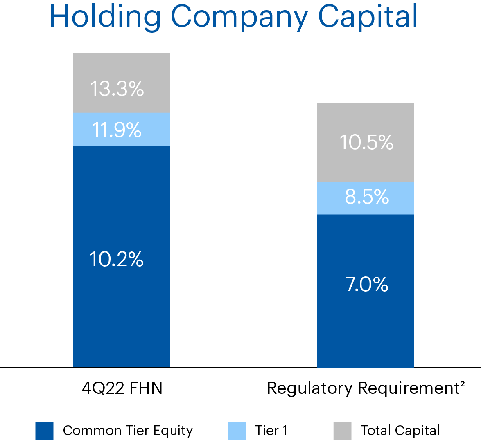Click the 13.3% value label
pos(117,88)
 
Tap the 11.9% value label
pos(117,130)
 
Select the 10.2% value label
pos(117,259)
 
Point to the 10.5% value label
pos(366,142)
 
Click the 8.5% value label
pos(367,197)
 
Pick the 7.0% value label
pos(367,284)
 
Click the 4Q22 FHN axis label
pos(122,388)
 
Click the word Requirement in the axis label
pos(409,388)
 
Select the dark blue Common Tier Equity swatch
pos(44,431)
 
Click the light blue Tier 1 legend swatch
pos(237,431)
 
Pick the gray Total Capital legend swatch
pos(342,431)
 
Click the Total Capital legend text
pos(400,431)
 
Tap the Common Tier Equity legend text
pos(128,431)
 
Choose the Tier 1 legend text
pos(271,431)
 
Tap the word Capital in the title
pos(368,16)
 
